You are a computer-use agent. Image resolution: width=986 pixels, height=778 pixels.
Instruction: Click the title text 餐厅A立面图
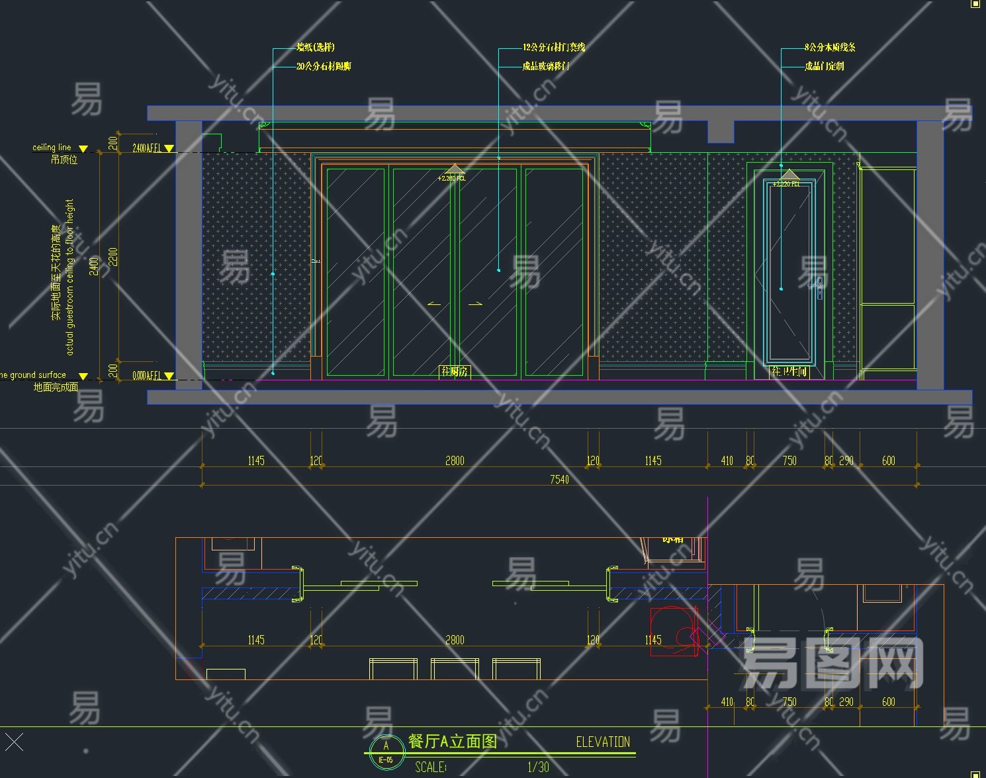click(452, 741)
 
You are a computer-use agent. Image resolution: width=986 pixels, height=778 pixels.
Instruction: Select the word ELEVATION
click(603, 742)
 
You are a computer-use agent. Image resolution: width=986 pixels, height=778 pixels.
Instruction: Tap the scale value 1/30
click(538, 767)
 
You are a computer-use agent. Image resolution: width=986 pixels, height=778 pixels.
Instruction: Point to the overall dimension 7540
click(559, 479)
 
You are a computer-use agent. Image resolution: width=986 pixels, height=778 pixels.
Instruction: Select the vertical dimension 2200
click(113, 257)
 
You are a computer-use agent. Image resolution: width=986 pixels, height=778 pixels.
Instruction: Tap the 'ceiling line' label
click(52, 148)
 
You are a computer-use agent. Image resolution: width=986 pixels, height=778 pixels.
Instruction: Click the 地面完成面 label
click(56, 387)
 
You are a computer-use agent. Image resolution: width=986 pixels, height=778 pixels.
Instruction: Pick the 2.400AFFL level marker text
click(147, 148)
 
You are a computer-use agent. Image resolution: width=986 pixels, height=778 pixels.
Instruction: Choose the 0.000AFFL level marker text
click(147, 376)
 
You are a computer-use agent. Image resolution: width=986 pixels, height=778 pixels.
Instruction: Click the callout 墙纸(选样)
click(316, 47)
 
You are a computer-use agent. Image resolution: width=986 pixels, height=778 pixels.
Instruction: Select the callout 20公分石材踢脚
click(324, 66)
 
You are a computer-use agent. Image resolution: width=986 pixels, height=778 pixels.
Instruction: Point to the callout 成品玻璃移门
click(546, 66)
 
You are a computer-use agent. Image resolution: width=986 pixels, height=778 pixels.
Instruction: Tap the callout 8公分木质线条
click(830, 47)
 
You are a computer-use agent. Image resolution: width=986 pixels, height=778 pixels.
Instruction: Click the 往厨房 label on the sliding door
click(455, 371)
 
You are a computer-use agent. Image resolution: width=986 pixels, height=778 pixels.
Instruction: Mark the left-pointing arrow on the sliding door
click(434, 304)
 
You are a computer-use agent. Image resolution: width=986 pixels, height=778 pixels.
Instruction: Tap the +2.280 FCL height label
click(451, 178)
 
